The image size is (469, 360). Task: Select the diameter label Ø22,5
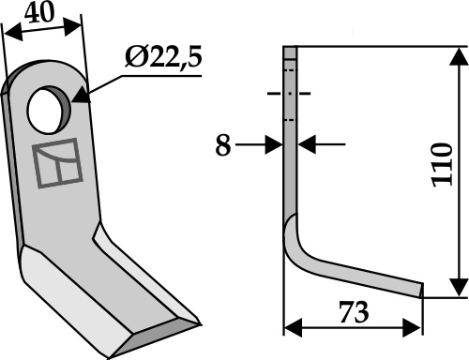pos(163,57)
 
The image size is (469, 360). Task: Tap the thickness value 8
pos(223,145)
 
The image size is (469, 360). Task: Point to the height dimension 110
pos(443,165)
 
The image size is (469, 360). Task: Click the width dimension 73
pos(355,312)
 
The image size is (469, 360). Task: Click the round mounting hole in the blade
pos(48,111)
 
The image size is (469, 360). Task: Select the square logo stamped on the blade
pos(57,163)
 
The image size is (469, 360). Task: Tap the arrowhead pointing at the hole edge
pos(81,97)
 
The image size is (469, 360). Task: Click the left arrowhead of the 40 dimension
pos(13,35)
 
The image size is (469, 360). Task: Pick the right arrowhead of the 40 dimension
pos(72,27)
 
